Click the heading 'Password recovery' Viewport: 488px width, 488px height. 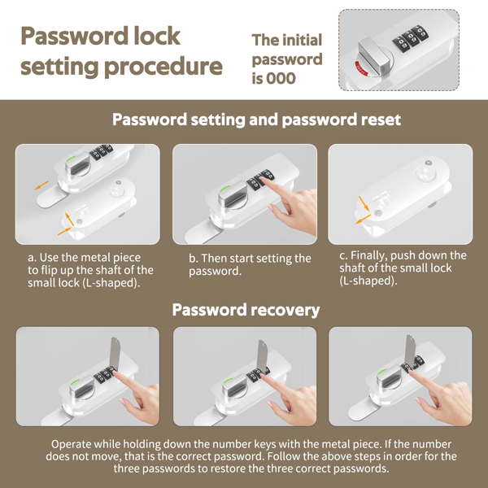pos(246,310)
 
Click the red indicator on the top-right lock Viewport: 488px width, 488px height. pos(362,69)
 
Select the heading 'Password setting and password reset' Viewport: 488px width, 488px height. pos(256,120)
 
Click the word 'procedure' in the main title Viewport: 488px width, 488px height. pos(163,67)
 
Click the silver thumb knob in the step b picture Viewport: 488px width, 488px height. pos(232,195)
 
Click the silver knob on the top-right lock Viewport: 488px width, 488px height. pos(374,56)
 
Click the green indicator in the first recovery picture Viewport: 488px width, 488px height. pos(74,381)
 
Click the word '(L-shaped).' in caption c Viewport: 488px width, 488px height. pos(368,281)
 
